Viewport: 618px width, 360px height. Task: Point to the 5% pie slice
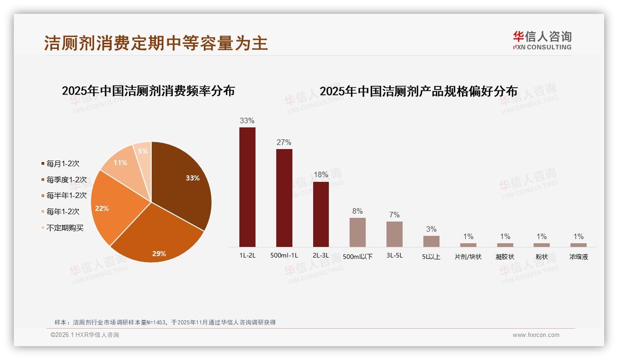click(143, 151)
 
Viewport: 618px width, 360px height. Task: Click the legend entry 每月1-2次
click(63, 163)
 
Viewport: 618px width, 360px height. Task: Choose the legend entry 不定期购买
click(65, 228)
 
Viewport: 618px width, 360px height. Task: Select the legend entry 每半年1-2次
click(66, 196)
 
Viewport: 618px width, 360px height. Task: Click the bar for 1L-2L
click(247, 187)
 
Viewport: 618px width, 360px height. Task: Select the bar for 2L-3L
click(321, 214)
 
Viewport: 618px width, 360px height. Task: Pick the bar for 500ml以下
click(357, 232)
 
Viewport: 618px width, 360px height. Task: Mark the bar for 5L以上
click(431, 241)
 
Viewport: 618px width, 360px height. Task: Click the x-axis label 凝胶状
click(505, 257)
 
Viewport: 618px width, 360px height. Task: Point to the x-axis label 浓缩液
click(579, 257)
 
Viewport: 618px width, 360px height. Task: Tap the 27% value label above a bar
click(284, 142)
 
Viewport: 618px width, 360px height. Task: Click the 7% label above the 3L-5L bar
click(394, 215)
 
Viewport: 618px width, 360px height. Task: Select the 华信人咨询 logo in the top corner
click(542, 40)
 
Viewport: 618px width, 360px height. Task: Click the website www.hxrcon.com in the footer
click(536, 335)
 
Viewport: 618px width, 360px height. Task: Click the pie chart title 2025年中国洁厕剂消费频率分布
click(149, 91)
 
